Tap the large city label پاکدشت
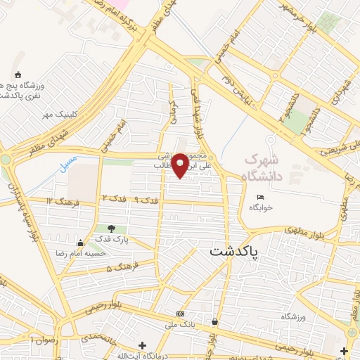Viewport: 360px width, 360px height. tap(235, 251)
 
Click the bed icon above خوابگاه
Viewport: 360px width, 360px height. tap(261, 197)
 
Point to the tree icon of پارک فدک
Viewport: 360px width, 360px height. tap(111, 228)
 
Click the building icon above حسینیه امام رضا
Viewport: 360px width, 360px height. tap(89, 243)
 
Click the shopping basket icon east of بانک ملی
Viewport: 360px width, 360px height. tap(214, 322)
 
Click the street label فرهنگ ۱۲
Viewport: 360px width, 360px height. tap(60, 201)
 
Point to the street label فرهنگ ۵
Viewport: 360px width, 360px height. tap(119, 268)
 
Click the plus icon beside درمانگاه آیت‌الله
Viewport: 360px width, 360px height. tap(143, 346)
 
